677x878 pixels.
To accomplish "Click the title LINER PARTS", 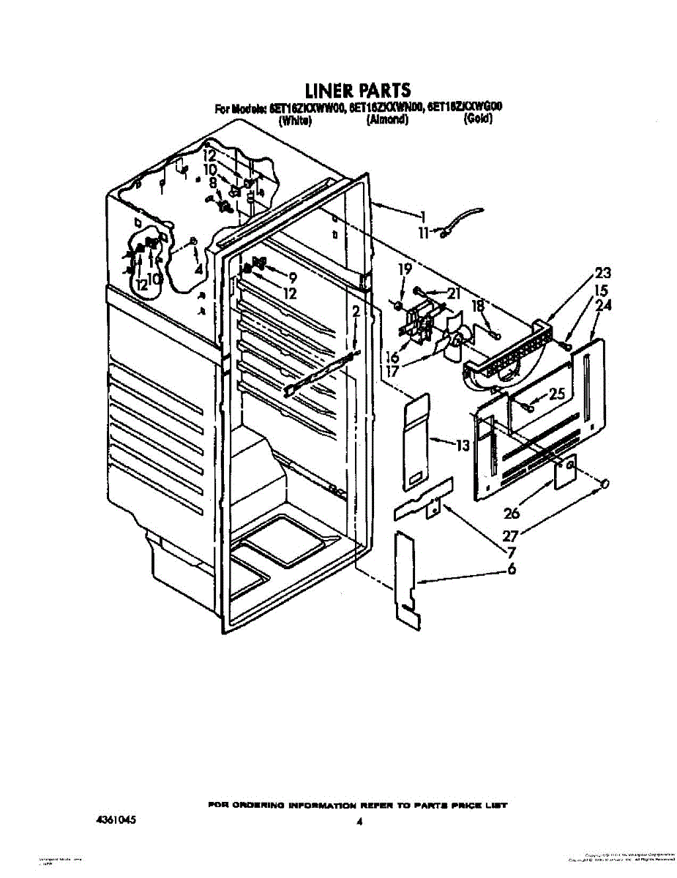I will coord(357,91).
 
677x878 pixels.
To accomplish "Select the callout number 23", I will coord(603,273).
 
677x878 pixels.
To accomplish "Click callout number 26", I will coord(512,513).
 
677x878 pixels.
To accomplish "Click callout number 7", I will coord(512,552).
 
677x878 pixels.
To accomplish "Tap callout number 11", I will coord(424,233).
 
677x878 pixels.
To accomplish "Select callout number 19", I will coord(405,270).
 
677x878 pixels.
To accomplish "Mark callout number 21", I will coord(455,293).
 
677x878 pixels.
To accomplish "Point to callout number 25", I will coord(557,394).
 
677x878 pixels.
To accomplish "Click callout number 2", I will coord(356,312).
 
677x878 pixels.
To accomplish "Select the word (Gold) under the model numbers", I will coord(478,121).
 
